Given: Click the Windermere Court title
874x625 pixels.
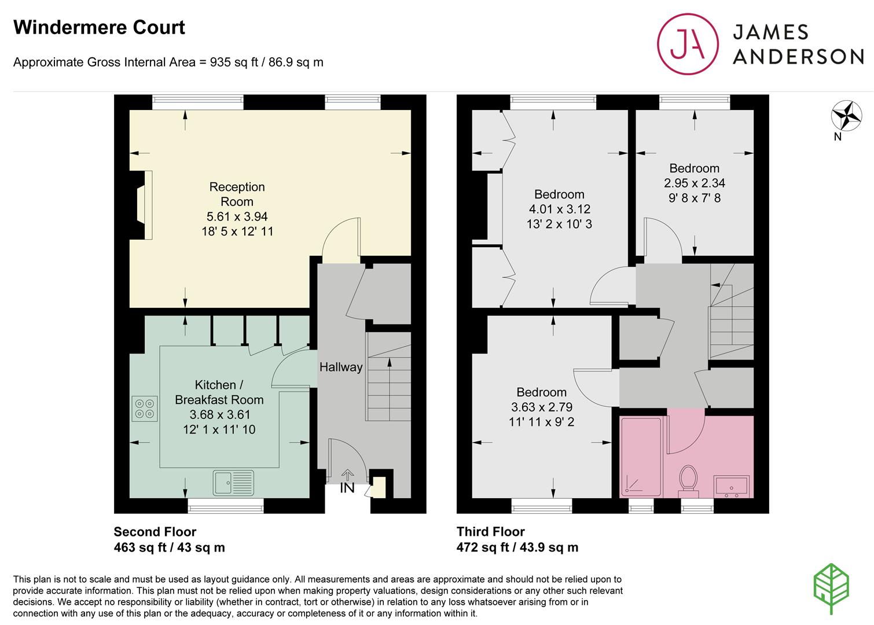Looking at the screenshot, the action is pos(99,28).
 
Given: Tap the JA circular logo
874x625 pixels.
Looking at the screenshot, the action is pos(688,44).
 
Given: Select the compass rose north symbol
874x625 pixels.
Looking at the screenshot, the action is pos(846,116).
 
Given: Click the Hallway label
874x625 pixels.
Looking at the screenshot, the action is pos(341,367).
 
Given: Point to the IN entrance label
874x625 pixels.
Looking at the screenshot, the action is pos(347,488).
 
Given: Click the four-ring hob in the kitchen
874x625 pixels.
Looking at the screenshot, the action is pos(145,409).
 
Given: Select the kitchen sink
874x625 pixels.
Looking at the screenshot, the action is pos(233,483).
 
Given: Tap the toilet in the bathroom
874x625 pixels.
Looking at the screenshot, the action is pos(688,481).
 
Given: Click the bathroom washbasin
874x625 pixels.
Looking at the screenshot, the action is pos(732,487).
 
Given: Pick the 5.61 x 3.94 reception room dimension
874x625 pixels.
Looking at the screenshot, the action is pos(237,216).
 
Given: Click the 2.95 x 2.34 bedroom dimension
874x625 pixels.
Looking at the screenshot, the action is pos(695,183).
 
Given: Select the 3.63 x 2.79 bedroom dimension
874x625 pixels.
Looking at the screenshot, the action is pos(542,407).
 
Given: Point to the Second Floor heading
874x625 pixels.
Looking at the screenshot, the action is pos(155,532).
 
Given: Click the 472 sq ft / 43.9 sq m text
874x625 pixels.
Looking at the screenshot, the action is pos(517,547).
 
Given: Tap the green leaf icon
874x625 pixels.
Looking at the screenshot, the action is pos(832,589).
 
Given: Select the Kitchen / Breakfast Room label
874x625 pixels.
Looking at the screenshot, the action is pos(219,392).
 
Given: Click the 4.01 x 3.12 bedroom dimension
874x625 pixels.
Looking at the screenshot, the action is pos(560,209).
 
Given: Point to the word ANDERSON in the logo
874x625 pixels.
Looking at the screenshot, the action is pos(798,57).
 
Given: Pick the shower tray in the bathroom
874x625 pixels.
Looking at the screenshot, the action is pos(641,457).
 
